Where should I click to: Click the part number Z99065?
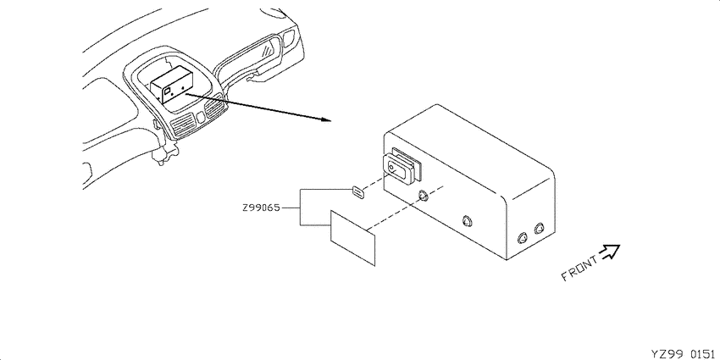(261, 208)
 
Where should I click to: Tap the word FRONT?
(580, 269)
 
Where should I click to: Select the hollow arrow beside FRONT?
(610, 252)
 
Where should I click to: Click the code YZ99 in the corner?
(668, 354)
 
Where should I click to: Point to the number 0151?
(703, 354)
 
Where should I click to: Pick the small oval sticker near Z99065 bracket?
(358, 192)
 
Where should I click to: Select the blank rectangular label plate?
(353, 237)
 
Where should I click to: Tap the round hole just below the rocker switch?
(423, 196)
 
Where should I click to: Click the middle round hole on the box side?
(468, 221)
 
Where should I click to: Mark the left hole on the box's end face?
(523, 238)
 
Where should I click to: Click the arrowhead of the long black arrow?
(326, 119)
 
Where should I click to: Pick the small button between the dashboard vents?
(200, 117)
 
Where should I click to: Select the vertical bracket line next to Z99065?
(301, 207)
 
